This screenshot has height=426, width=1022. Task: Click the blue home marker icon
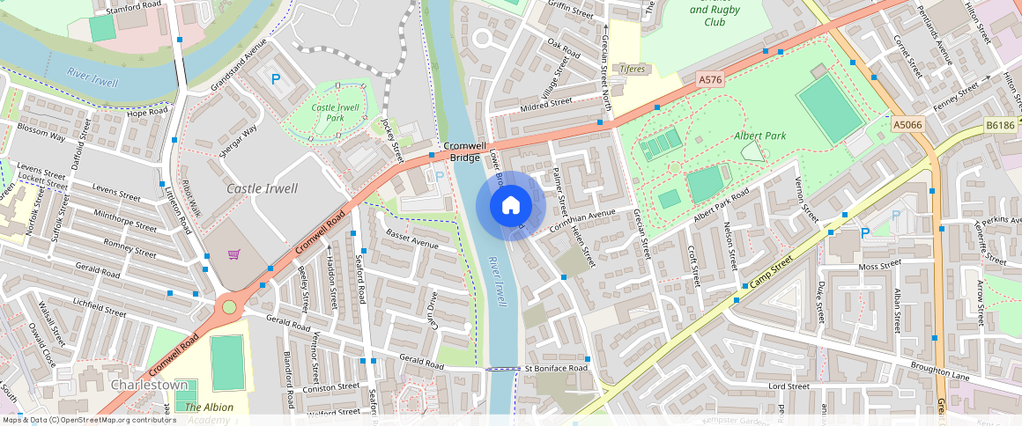510,206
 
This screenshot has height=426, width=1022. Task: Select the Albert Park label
759,136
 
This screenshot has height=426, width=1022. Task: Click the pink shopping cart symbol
234,254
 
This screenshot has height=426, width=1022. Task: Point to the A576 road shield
710,79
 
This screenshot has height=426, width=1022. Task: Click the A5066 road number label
907,126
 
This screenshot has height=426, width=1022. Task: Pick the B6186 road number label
1000,126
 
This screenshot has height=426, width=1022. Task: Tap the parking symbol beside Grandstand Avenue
276,79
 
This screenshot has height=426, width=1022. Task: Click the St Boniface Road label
556,368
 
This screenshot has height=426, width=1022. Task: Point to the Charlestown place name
149,386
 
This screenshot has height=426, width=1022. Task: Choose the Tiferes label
633,69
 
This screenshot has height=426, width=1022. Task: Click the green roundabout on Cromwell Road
229,307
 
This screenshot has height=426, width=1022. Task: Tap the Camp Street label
770,274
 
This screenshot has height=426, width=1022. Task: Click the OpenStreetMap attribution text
88,420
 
